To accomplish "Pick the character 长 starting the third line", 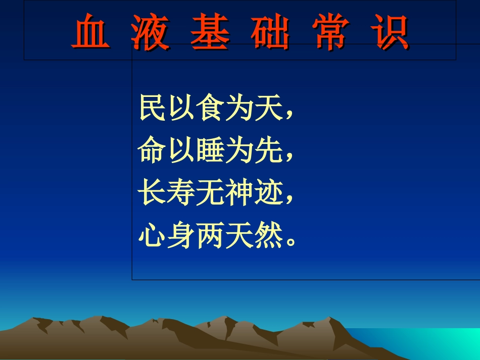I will point(152,193).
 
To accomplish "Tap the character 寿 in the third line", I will point(181,193).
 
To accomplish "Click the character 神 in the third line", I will point(238,193).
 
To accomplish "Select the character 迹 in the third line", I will point(267,193).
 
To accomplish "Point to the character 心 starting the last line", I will point(152,235).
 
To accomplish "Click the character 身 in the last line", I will point(181,235).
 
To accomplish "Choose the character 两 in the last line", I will point(210,235).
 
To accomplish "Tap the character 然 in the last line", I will point(267,235).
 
